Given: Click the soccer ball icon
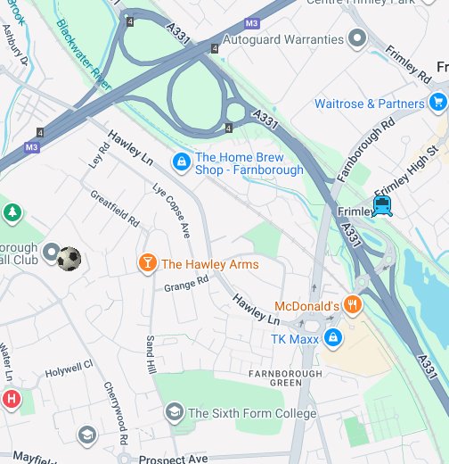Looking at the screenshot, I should tap(69, 259).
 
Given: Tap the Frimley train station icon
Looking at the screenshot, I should tap(382, 206).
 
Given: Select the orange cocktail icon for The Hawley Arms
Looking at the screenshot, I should tap(146, 263).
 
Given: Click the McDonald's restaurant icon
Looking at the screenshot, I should tap(354, 305).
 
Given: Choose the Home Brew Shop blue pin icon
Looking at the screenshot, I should tap(181, 161).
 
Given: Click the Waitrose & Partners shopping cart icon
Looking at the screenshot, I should tap(437, 104).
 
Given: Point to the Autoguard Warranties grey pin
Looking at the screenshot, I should tap(357, 38).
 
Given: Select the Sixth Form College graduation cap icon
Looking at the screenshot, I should tap(174, 412).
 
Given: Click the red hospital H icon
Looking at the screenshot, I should tap(10, 398).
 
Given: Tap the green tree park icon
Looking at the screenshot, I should tap(12, 212).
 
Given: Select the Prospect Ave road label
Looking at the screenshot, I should tap(174, 459).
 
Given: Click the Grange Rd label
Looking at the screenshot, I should tap(185, 283).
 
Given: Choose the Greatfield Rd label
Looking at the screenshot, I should tap(115, 206).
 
